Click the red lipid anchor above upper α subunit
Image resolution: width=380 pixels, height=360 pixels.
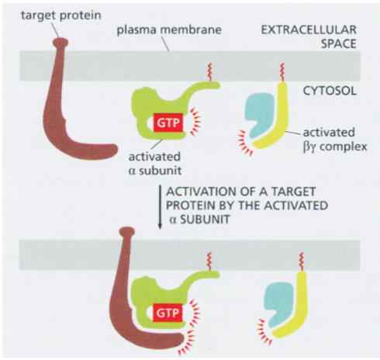point(207,75)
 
